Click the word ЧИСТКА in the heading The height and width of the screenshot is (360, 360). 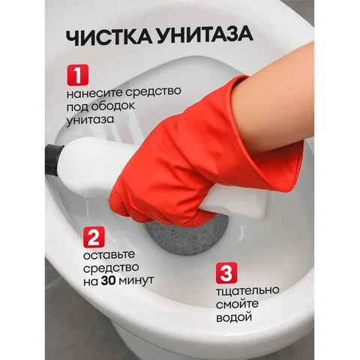click(x=107, y=37)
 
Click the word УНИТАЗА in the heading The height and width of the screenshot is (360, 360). click(x=203, y=36)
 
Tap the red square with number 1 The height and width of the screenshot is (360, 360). click(x=77, y=75)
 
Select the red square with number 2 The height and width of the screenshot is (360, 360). click(x=94, y=237)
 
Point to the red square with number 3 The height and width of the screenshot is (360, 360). click(x=226, y=273)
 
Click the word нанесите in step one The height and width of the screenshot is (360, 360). click(x=94, y=93)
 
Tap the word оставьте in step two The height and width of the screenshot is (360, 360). click(x=109, y=255)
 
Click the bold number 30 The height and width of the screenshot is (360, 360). click(x=108, y=281)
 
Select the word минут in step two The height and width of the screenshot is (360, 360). click(x=136, y=281)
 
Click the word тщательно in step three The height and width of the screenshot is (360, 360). click(x=247, y=291)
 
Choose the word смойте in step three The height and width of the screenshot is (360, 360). click(x=237, y=304)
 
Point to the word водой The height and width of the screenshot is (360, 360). click(x=234, y=317)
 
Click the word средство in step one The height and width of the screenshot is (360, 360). click(x=153, y=91)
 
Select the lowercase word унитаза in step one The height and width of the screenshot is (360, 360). click(x=90, y=119)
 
